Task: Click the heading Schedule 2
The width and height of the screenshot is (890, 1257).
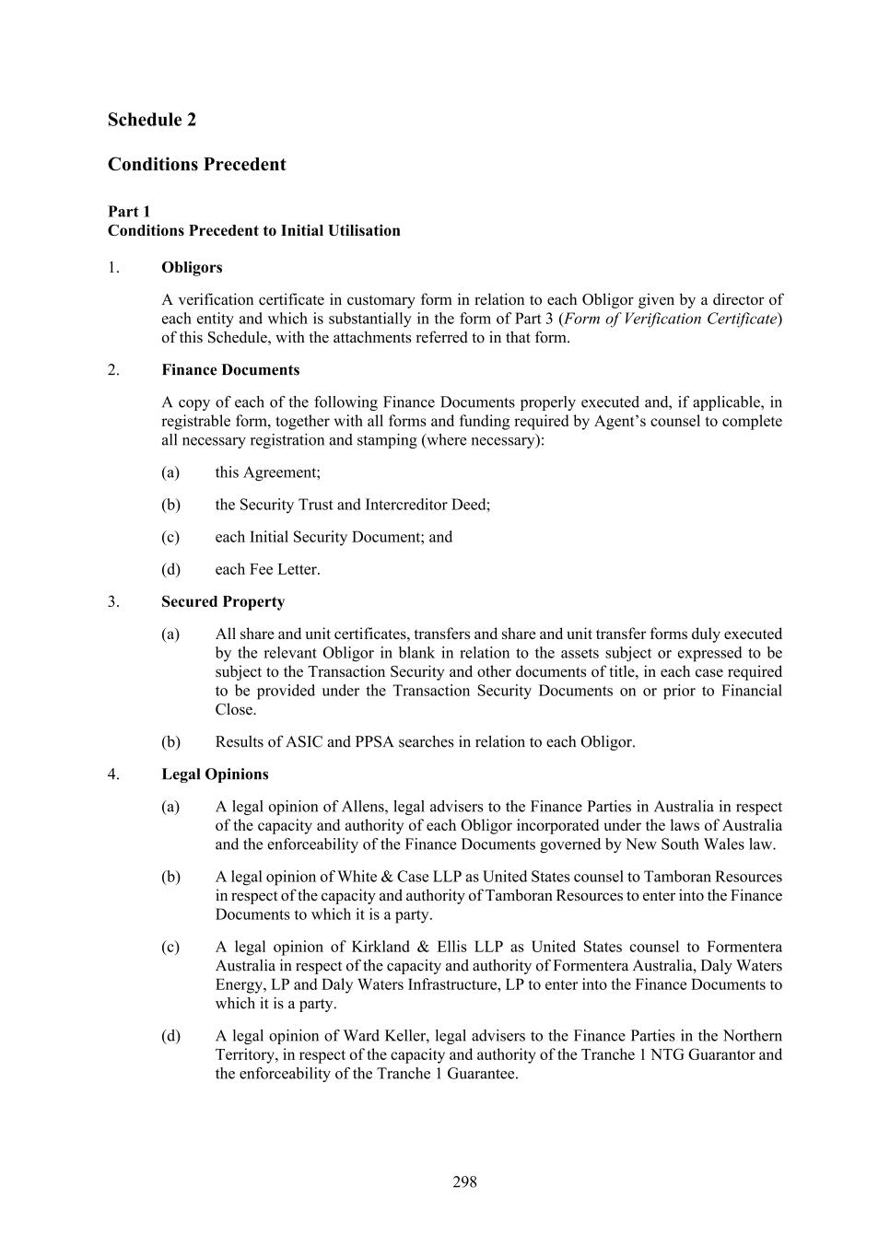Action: pyautogui.click(x=151, y=120)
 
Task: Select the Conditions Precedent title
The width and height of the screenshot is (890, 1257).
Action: pyautogui.click(x=196, y=165)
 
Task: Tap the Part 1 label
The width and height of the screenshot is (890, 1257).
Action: pyautogui.click(x=128, y=212)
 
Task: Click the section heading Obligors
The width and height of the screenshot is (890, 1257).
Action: pyautogui.click(x=192, y=268)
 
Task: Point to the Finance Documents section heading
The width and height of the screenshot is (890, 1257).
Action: pyautogui.click(x=230, y=370)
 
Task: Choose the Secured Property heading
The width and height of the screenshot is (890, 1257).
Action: pyautogui.click(x=223, y=601)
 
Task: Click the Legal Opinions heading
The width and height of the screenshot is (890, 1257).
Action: pyautogui.click(x=215, y=774)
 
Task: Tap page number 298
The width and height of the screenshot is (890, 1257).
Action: pyautogui.click(x=464, y=1181)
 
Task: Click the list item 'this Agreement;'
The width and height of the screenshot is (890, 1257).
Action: pyautogui.click(x=268, y=472)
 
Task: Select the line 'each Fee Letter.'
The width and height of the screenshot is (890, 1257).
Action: pyautogui.click(x=268, y=569)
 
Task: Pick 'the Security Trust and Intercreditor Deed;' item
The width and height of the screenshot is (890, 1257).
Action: pyautogui.click(x=353, y=505)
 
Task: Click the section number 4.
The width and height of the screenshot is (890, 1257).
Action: pyautogui.click(x=113, y=774)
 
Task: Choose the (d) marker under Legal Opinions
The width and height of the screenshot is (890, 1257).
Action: pyautogui.click(x=170, y=1036)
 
